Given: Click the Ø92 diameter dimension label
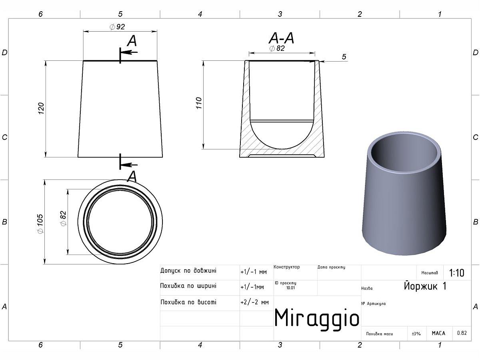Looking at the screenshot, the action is (117, 27).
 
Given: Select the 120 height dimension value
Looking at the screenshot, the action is (41, 108).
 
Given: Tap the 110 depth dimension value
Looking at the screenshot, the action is (198, 103).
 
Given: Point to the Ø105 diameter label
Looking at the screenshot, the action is (40, 224).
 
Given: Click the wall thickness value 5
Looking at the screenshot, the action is (344, 57).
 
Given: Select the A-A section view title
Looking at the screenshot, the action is (282, 38).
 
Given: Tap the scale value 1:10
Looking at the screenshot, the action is (457, 273).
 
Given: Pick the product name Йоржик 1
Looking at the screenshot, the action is (425, 286).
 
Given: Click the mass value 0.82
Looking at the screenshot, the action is (462, 333).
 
